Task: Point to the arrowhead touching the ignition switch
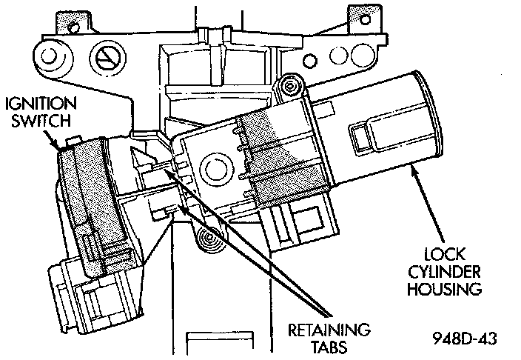[61, 148]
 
